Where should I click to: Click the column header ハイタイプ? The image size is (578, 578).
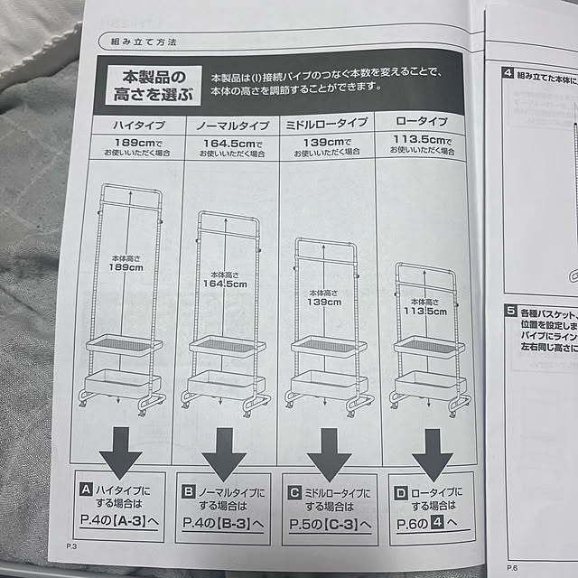[135, 124]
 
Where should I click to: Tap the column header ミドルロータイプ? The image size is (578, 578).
[326, 124]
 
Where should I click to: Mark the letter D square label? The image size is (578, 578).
[401, 492]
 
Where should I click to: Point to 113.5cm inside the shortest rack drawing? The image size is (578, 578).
[424, 312]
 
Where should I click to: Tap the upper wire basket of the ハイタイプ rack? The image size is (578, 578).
[124, 346]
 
